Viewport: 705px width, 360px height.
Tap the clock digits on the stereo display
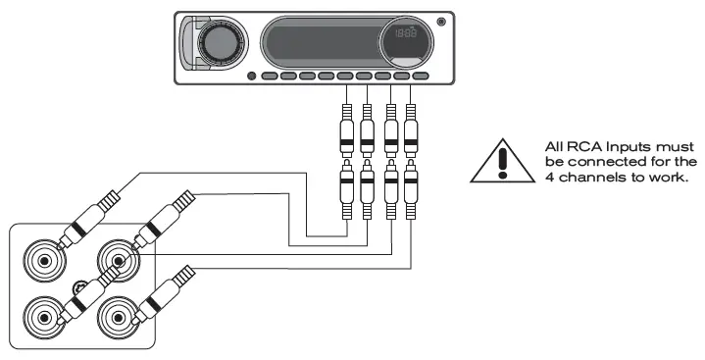tap(401, 34)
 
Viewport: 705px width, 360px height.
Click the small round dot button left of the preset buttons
tap(252, 76)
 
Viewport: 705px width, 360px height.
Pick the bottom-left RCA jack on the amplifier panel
tap(42, 317)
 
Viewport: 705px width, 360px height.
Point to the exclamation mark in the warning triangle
tap(503, 160)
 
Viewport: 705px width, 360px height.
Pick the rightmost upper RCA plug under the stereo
tap(412, 128)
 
